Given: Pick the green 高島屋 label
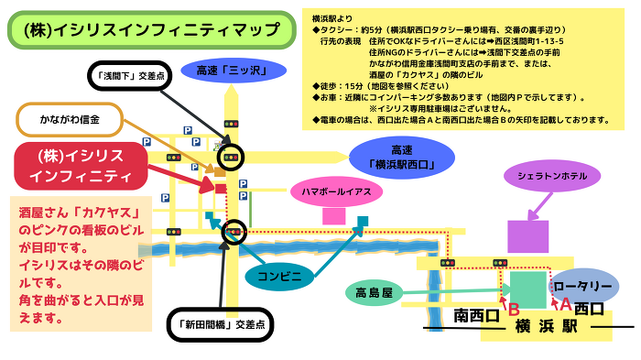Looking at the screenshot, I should tap(374, 294).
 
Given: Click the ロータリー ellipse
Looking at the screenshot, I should tap(579, 287).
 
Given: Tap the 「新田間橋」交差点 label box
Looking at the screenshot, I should tap(216, 324).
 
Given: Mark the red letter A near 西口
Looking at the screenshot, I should tap(564, 302).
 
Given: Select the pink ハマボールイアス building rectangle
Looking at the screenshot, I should tap(333, 216).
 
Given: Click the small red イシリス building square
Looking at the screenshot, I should tap(221, 189).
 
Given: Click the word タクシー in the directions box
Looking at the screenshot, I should tap(341, 30).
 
